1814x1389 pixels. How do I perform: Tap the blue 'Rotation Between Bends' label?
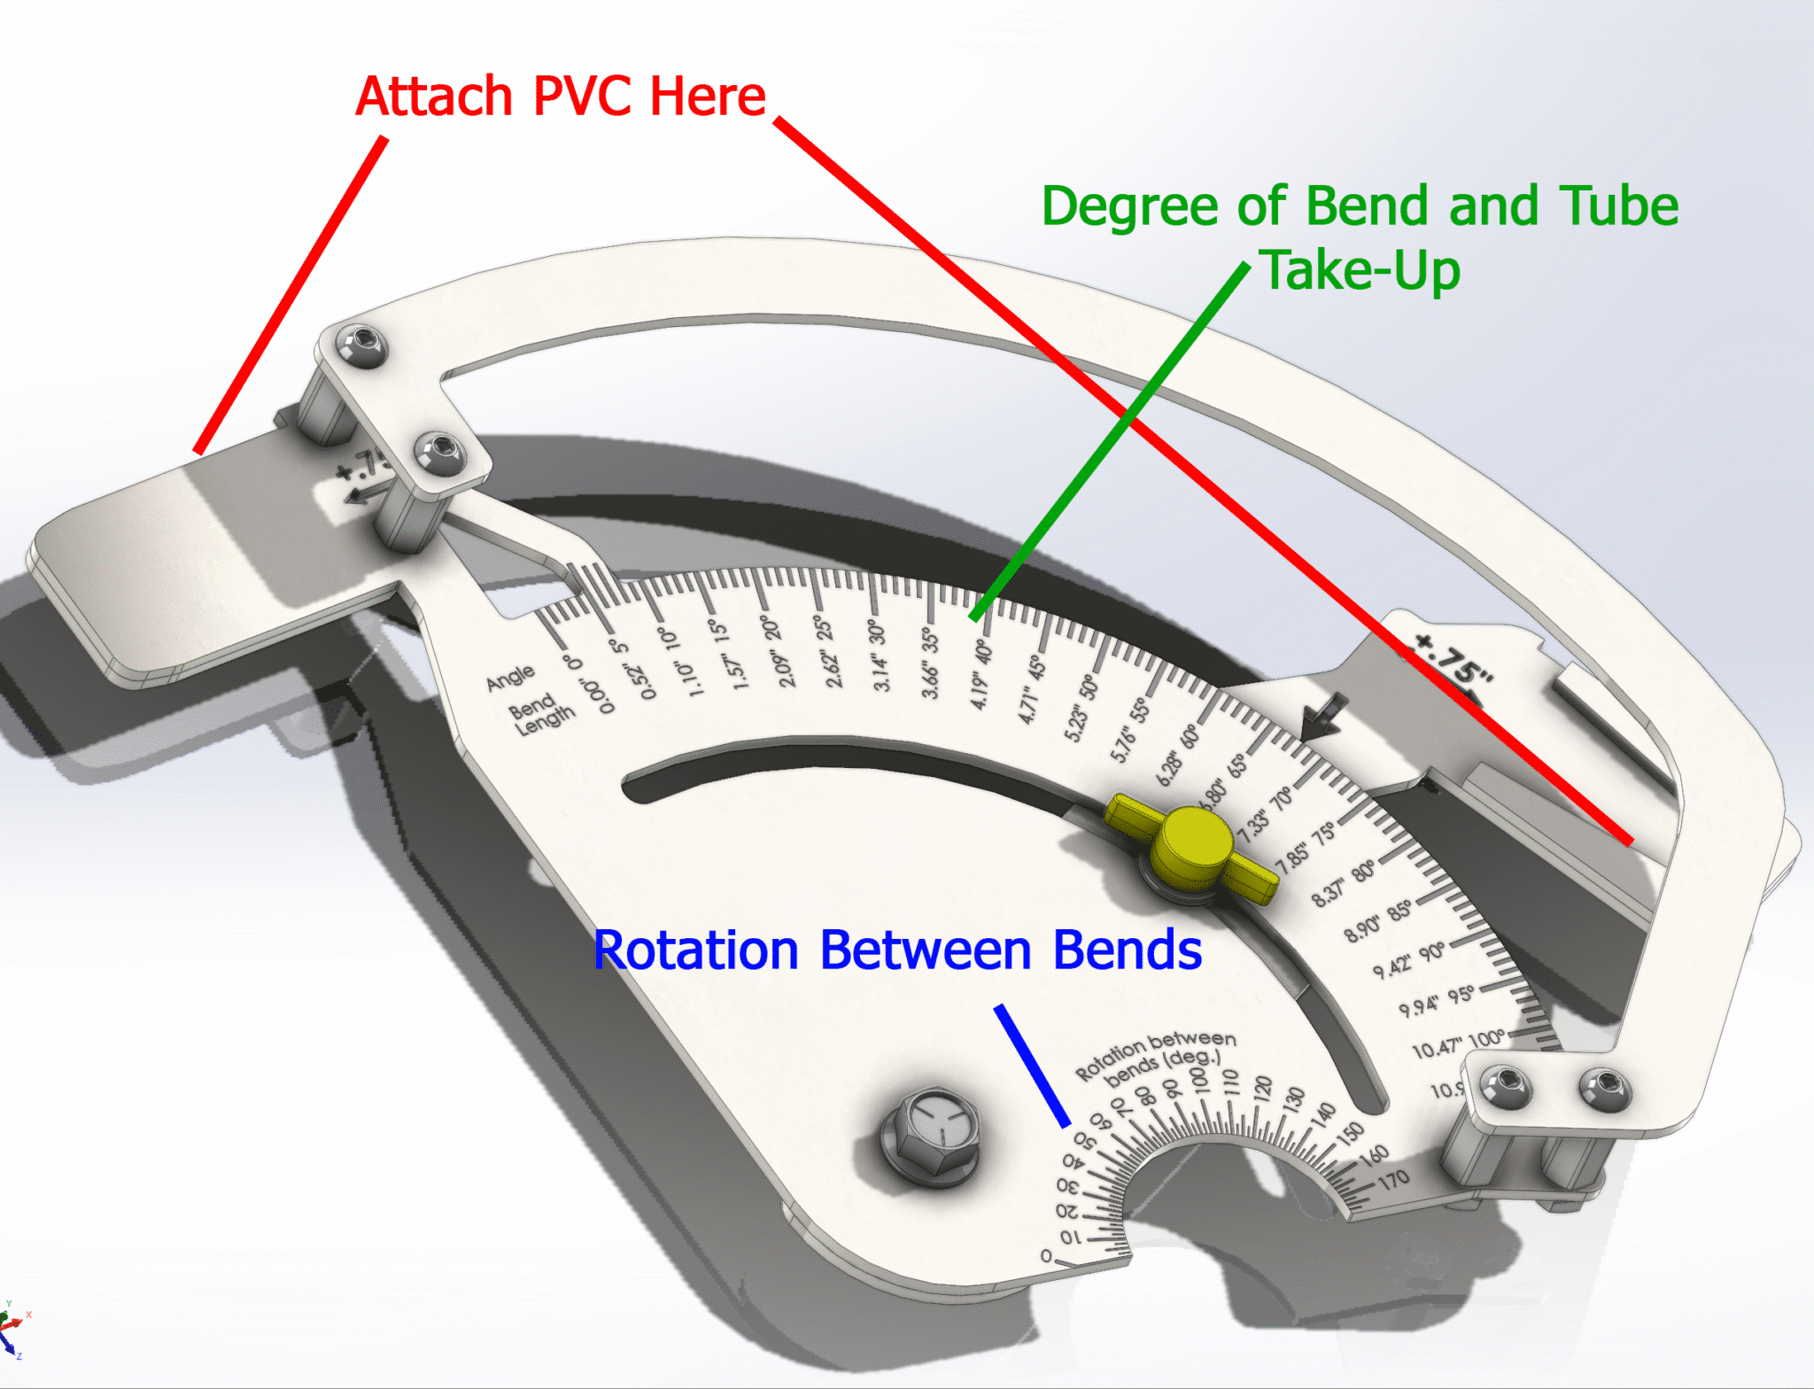pos(896,951)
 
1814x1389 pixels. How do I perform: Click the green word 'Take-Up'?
pos(1360,271)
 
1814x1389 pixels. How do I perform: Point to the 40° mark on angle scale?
pos(983,651)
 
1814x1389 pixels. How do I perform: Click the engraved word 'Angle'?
pos(510,678)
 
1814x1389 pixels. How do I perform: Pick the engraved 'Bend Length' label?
pos(540,713)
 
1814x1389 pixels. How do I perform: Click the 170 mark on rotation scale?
pos(1393,1179)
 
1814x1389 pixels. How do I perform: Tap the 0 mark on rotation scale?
pos(1046,1256)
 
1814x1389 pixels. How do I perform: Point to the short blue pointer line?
pos(1032,1066)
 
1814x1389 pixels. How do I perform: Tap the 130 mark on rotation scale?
pos(1294,1098)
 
